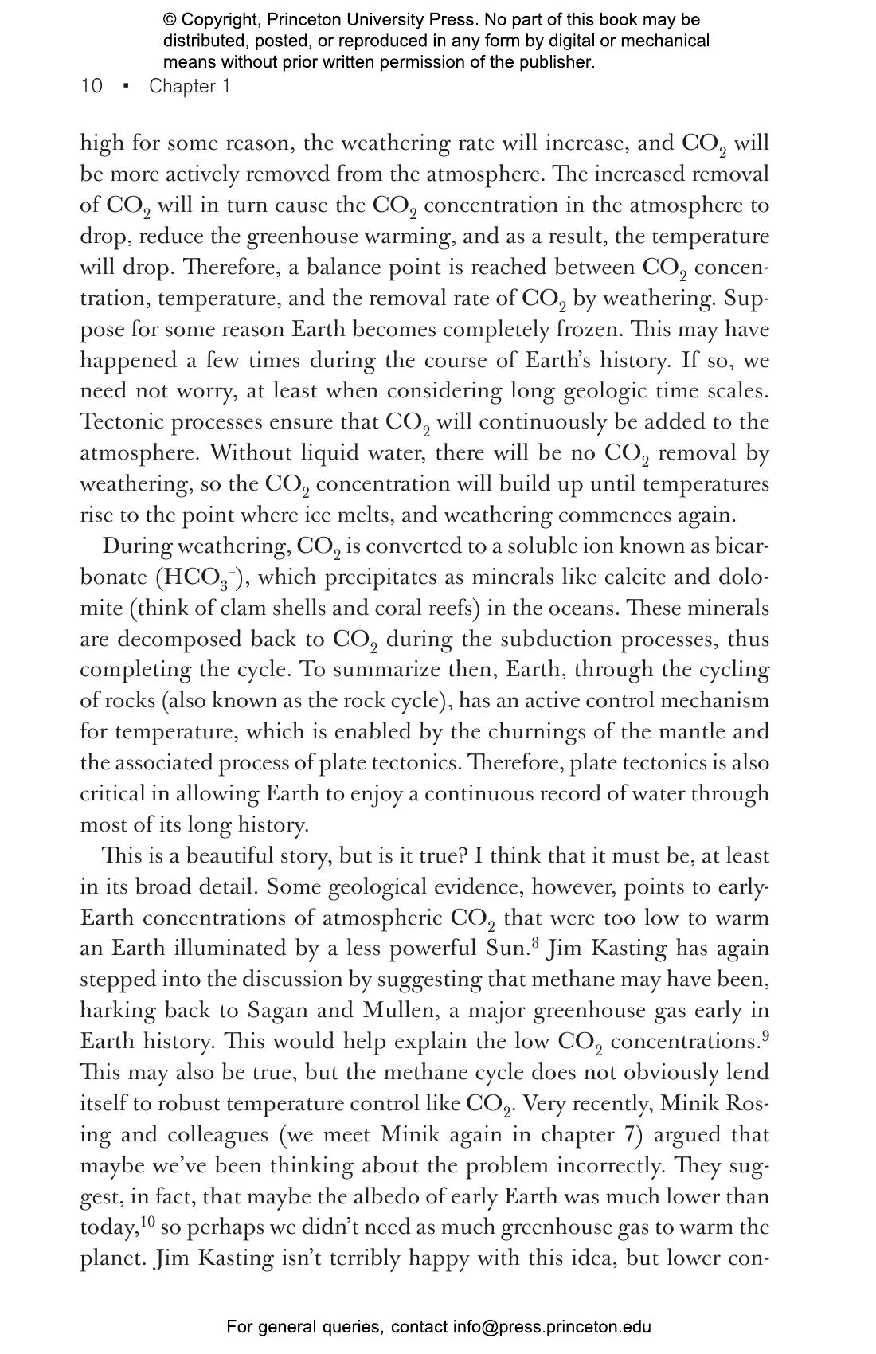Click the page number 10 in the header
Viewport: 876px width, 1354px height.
pyautogui.click(x=92, y=86)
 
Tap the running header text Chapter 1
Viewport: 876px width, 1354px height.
pyautogui.click(x=190, y=86)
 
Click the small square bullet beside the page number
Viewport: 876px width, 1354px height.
pyautogui.click(x=126, y=86)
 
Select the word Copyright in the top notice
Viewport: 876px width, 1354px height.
pyautogui.click(x=217, y=20)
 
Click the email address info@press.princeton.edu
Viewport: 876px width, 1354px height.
pyautogui.click(x=553, y=1327)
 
